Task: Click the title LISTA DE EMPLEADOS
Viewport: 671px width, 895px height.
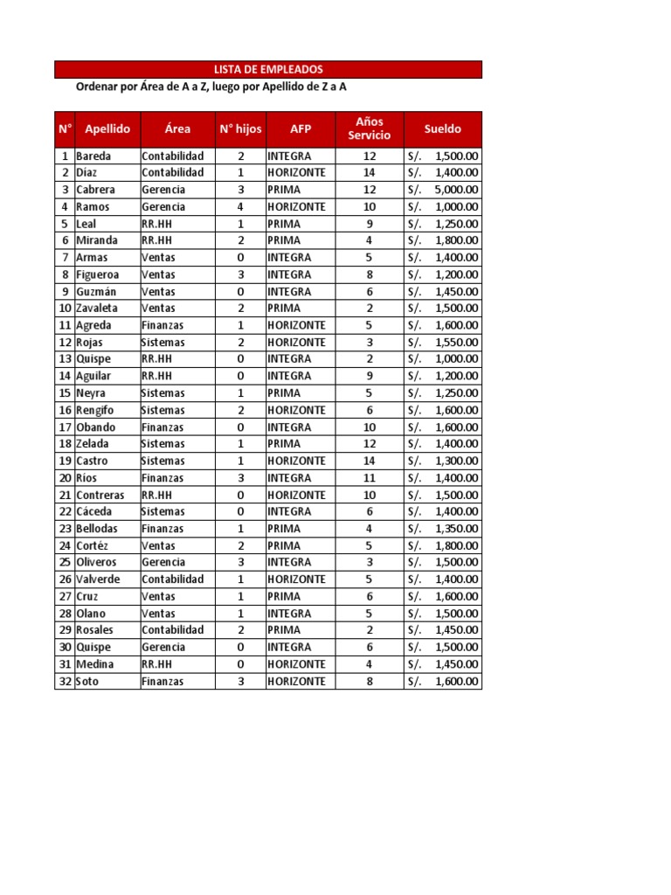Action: [268, 69]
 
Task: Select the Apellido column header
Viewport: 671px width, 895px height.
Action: [107, 128]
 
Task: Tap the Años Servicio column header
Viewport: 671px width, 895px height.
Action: [370, 128]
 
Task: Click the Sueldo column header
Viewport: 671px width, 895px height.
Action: [442, 128]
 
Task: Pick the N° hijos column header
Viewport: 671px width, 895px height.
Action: [240, 128]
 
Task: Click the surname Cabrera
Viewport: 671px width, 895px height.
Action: [95, 190]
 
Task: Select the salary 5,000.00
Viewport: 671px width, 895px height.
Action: [456, 190]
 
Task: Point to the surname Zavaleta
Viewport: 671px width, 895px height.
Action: [97, 308]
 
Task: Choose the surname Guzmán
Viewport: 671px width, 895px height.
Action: [96, 291]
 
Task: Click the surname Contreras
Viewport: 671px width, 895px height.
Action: [100, 495]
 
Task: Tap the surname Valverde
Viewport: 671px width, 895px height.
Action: [98, 579]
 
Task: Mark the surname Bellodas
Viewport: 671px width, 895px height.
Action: [97, 529]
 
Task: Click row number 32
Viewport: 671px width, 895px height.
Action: [65, 682]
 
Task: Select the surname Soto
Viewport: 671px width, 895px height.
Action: [88, 682]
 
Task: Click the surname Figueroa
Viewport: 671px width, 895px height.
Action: [98, 274]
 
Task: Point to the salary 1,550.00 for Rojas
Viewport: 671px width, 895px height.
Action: [456, 342]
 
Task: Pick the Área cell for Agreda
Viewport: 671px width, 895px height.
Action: [163, 325]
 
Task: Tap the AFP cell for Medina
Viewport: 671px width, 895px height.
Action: [296, 664]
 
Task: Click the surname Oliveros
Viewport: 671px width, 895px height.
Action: [96, 562]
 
